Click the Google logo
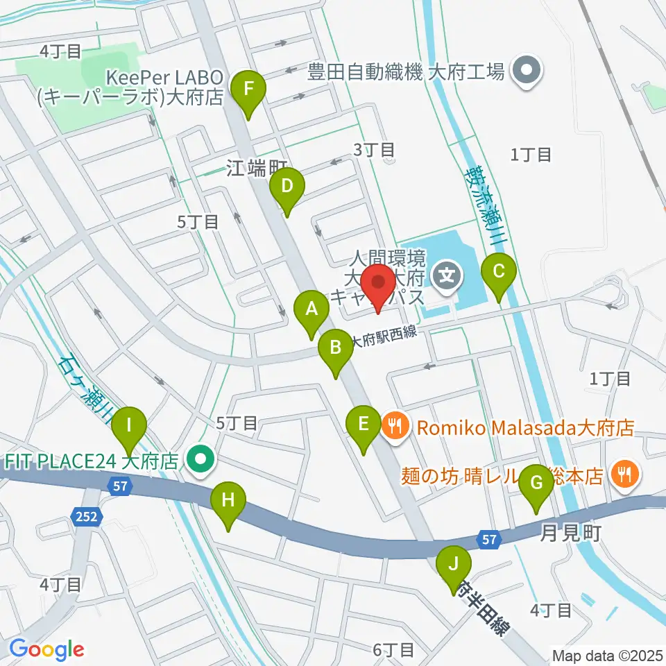click(46, 649)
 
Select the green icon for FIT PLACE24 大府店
click(202, 459)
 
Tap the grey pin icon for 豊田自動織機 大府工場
click(525, 71)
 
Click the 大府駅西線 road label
click(384, 336)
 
